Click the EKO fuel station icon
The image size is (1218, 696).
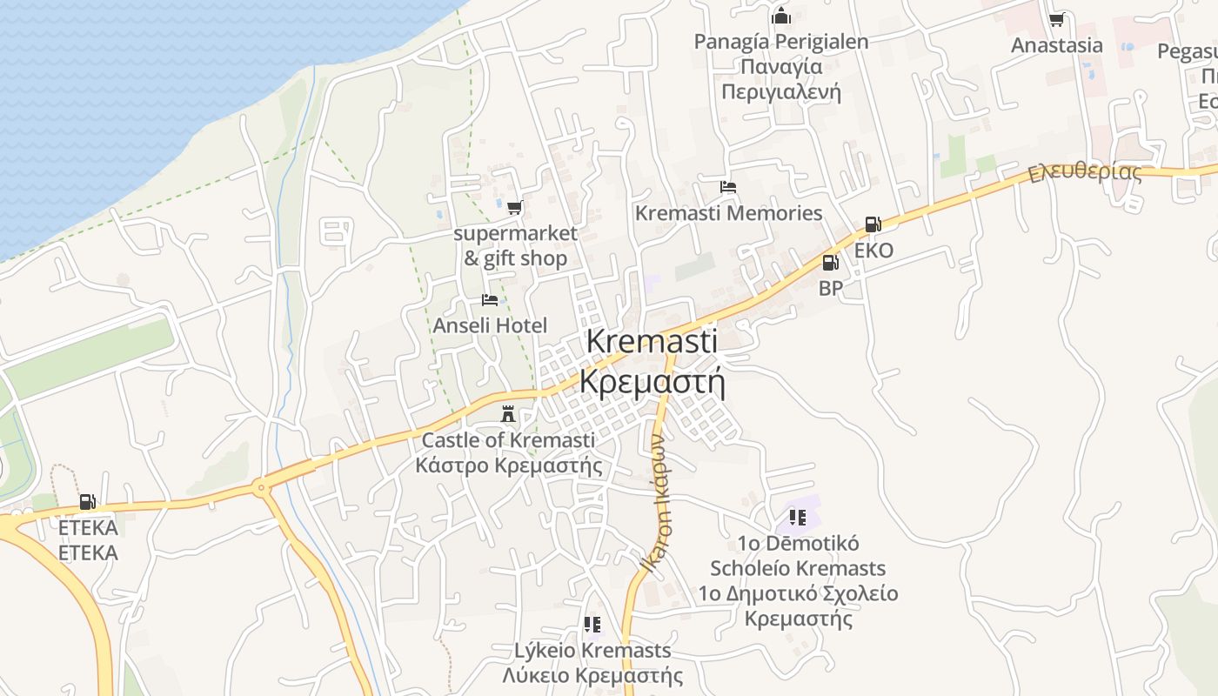point(873,224)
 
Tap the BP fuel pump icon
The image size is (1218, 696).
point(831,262)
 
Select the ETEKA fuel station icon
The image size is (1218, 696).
point(87,502)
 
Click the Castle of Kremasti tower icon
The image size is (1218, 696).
point(508,414)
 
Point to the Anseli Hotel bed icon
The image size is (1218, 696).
point(490,300)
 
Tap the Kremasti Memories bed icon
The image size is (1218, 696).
point(728,187)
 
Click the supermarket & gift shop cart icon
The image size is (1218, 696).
point(514,207)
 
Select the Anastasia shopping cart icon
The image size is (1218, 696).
point(1056,19)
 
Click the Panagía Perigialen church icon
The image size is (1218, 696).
point(780,16)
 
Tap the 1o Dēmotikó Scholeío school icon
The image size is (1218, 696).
point(798,517)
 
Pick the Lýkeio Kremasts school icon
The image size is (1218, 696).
point(592,624)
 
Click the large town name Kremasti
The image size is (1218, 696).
point(652,341)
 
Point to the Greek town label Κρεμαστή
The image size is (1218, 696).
point(652,382)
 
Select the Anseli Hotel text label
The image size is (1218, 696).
point(491,325)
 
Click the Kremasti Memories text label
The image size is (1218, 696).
point(728,213)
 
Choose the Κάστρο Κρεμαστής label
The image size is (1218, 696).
point(509,465)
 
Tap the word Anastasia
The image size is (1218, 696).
point(1056,45)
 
